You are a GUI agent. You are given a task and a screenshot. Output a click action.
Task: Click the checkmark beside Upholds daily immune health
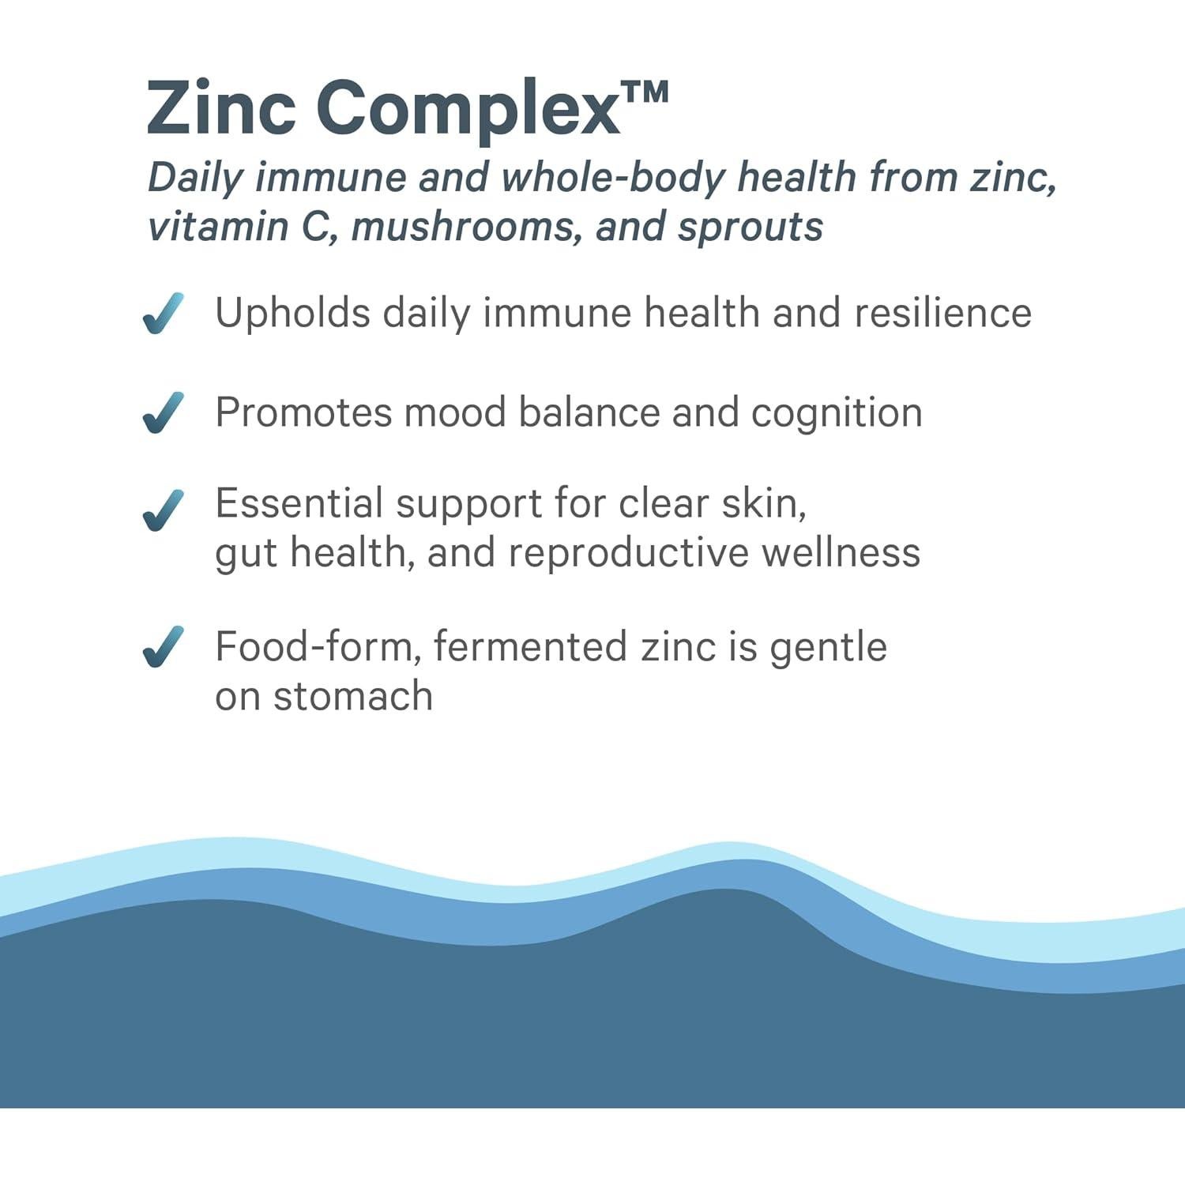point(164,314)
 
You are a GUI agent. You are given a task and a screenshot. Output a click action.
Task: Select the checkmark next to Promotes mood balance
point(164,412)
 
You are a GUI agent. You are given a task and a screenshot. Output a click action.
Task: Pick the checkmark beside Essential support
point(164,510)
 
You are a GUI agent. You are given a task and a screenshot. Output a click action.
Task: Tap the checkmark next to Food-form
point(164,647)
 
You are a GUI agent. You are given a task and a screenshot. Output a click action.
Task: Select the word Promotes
point(303,412)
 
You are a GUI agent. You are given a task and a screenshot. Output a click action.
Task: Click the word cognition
point(836,413)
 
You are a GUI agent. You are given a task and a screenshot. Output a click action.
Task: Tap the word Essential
point(299,503)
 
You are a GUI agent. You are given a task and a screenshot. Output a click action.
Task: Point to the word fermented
point(531,647)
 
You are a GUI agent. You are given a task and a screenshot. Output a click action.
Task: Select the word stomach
point(353,697)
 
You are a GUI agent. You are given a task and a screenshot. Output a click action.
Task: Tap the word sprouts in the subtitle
point(750,228)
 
